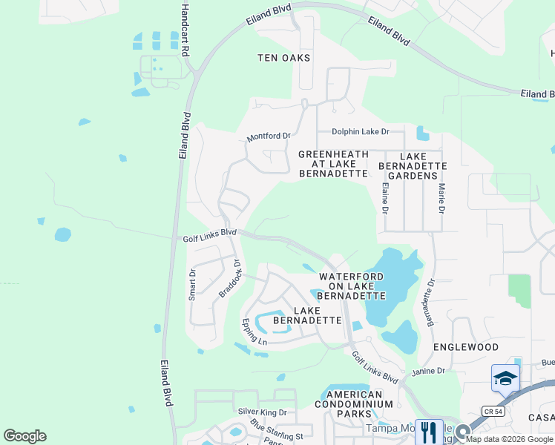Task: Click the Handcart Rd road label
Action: pos(185,30)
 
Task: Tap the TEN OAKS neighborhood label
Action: pos(283,58)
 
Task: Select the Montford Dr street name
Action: pos(269,136)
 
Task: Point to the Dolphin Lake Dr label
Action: pos(360,132)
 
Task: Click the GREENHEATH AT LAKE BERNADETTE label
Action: pos(333,164)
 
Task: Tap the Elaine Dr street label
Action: pos(385,199)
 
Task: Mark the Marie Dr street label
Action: pos(441,199)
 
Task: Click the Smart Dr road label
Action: pos(192,283)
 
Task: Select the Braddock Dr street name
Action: pos(231,278)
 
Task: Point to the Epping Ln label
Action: pos(254,332)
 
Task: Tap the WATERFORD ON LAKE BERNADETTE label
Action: pos(352,286)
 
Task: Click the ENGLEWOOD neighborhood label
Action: pos(466,347)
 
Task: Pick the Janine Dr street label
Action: pos(429,370)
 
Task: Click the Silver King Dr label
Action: pos(262,412)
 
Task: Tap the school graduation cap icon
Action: pos(505,378)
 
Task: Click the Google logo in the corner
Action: pos(24,436)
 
